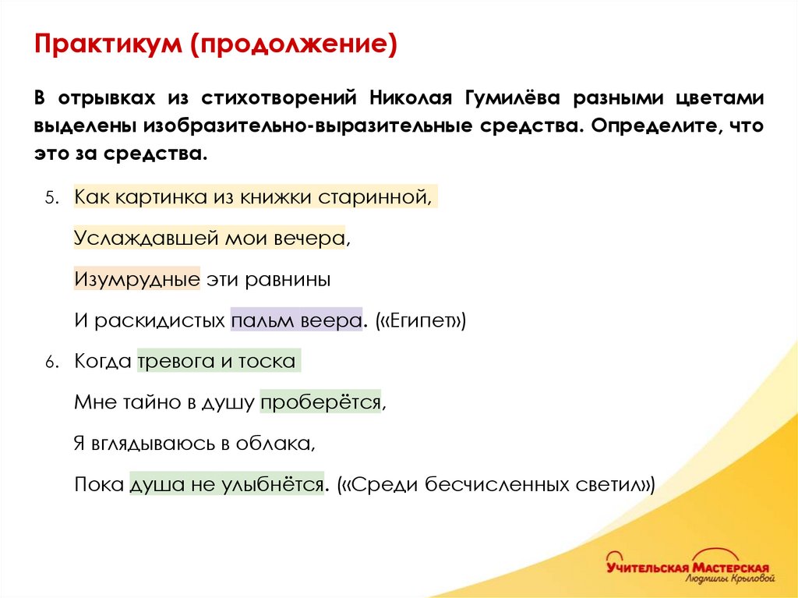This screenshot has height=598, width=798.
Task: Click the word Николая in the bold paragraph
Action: click(411, 99)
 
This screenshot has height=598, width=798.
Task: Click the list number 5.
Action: click(50, 198)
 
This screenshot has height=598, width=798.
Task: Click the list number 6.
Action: click(50, 363)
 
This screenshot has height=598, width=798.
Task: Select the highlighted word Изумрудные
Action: click(138, 278)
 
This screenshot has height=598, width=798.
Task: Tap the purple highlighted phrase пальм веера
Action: click(296, 320)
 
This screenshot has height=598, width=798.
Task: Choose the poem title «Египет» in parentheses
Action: click(420, 320)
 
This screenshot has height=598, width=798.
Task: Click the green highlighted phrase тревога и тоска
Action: click(217, 362)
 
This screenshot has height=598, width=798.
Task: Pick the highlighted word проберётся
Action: click(320, 402)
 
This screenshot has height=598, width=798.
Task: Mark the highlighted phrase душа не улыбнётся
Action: click(226, 484)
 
